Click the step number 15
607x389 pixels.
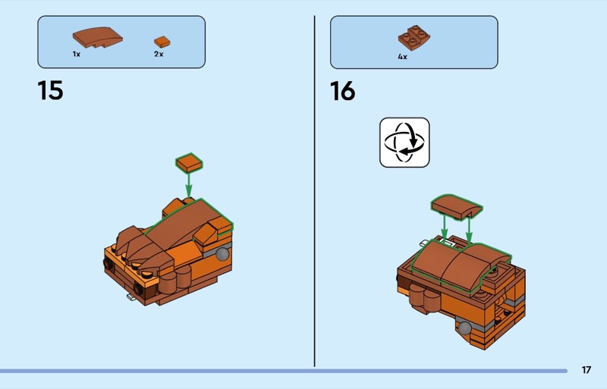coord(50,90)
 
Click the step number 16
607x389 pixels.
coord(343,91)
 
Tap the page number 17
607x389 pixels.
coord(587,370)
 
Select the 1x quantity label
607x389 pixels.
coord(77,54)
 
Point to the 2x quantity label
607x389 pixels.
coord(159,54)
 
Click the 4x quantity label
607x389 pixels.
coord(403,57)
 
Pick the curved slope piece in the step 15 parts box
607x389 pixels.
coord(98,38)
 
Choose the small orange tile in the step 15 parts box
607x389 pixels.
coord(162,42)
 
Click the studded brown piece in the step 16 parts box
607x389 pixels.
coord(414,38)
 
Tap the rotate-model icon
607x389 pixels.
coord(404,143)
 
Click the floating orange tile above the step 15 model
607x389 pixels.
coord(189,162)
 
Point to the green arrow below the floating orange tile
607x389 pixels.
coord(188,185)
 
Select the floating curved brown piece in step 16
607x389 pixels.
coord(457,207)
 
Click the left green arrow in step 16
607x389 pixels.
coord(445,227)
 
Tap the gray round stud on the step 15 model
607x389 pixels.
coord(222,254)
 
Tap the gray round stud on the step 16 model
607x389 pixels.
coord(464,328)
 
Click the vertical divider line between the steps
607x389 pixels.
coord(315,191)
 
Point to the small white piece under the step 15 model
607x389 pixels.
coord(131,296)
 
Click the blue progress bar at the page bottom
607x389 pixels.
coord(284,371)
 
